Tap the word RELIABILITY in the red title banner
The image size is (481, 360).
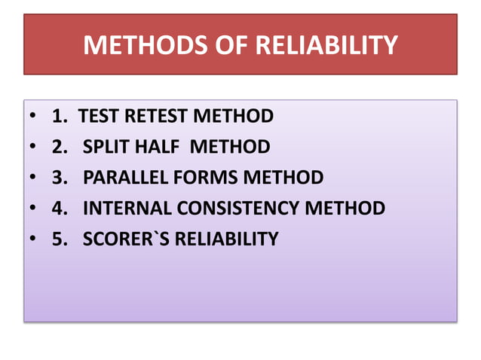(x=326, y=46)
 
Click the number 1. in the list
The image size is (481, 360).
(x=60, y=117)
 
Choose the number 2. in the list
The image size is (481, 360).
(x=60, y=147)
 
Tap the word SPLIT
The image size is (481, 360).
(x=106, y=147)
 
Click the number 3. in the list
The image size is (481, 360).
(x=60, y=178)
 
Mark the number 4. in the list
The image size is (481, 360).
(x=60, y=208)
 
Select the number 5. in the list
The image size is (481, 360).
(x=60, y=239)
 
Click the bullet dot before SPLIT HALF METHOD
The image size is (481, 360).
(x=34, y=148)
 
